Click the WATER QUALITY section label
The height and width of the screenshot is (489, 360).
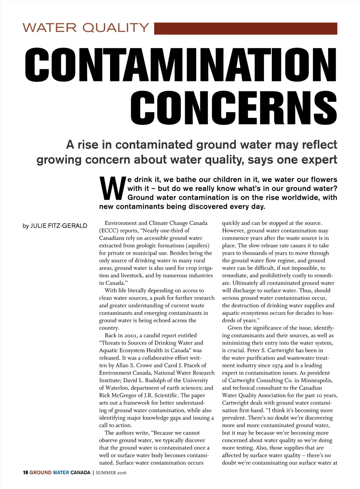pyautogui.click(x=86, y=28)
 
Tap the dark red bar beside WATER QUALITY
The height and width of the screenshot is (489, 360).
pyautogui.click(x=245, y=28)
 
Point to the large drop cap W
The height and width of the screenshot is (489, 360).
pyautogui.click(x=112, y=188)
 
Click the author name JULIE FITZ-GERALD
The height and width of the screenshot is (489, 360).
pyautogui.click(x=59, y=226)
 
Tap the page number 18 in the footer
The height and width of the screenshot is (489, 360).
pyautogui.click(x=25, y=472)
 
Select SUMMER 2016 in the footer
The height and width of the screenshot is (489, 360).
pyautogui.click(x=111, y=472)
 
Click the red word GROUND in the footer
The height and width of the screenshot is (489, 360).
pyautogui.click(x=40, y=472)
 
